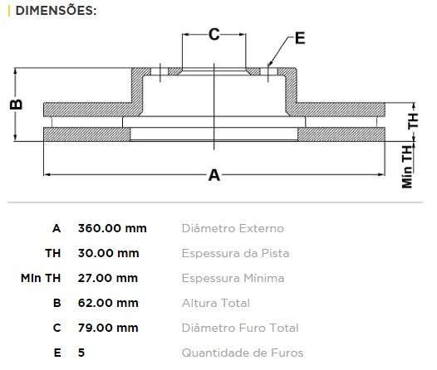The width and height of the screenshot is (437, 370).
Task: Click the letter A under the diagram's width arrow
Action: click(x=214, y=175)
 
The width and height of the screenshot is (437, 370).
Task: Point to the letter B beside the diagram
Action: click(x=15, y=104)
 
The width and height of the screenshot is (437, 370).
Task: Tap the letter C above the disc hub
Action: click(x=214, y=34)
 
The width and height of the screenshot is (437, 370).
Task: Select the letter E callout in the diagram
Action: click(x=299, y=38)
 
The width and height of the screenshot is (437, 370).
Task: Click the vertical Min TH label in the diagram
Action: click(x=407, y=166)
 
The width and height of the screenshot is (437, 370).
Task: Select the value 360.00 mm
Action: click(x=112, y=228)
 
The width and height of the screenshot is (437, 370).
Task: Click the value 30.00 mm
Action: click(x=108, y=253)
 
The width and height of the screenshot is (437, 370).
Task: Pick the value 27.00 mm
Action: click(x=108, y=278)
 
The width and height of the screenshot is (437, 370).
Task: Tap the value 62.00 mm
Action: click(x=108, y=303)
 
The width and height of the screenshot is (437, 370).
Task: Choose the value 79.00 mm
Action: click(x=108, y=328)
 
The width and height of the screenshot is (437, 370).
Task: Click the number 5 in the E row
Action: click(x=81, y=353)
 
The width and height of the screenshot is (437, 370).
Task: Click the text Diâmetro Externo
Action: click(x=233, y=228)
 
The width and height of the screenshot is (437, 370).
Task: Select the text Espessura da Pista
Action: click(x=235, y=253)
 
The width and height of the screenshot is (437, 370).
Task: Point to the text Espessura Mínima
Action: click(x=233, y=278)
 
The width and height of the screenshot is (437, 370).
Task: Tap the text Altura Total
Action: click(x=215, y=303)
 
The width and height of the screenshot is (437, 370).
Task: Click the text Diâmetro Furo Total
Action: click(x=240, y=328)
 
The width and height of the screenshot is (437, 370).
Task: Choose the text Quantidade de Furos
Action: click(x=243, y=353)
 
